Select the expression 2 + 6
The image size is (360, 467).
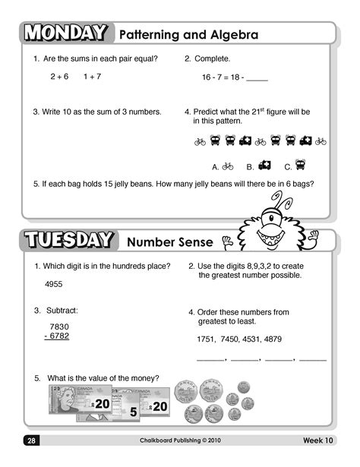[59, 77]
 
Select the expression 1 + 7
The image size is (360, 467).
[92, 77]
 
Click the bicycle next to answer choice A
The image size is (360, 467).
[228, 166]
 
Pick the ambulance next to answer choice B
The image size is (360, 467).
[264, 166]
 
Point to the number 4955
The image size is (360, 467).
[54, 284]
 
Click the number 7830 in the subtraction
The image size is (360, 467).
[58, 326]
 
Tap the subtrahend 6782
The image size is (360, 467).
[58, 336]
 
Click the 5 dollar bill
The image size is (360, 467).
[126, 411]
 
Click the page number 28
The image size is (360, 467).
[32, 440]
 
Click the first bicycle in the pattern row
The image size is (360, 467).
[201, 141]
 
